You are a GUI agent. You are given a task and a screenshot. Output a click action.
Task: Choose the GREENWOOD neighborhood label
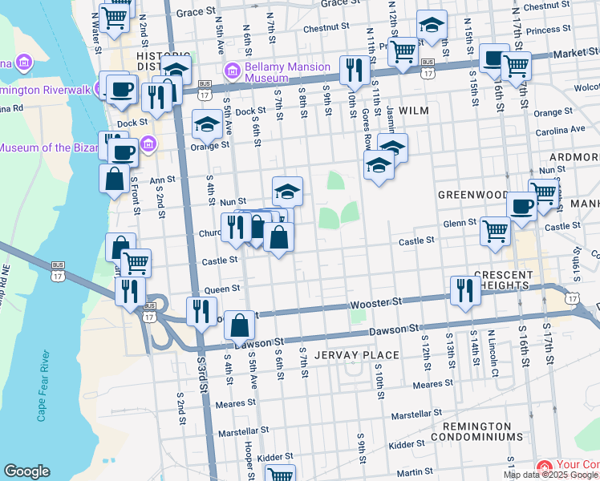pos(472,195)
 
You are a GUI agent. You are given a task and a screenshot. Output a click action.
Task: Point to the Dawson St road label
pos(395,329)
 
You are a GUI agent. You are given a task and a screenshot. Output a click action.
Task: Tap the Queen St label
pos(222,289)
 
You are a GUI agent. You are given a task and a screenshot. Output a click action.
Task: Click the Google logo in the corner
pos(26,471)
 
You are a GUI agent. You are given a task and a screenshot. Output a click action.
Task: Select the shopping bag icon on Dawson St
pos(240,325)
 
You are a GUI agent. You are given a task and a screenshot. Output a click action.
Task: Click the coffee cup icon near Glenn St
pos(521,206)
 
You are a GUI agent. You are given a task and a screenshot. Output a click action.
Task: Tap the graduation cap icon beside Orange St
pos(207,124)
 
